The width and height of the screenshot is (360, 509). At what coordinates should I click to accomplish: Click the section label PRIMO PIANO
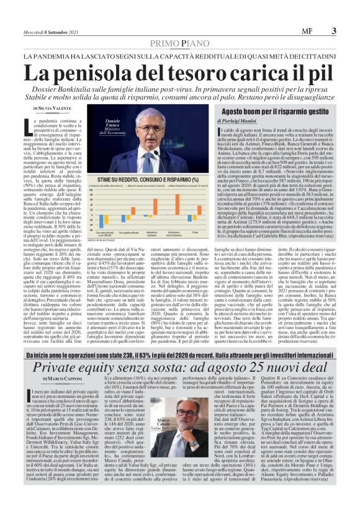point(179,43)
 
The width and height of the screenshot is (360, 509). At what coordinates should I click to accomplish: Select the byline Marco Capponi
point(57,362)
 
